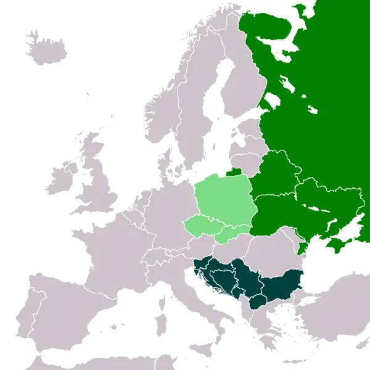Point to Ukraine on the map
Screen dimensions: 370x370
click(x=302, y=210)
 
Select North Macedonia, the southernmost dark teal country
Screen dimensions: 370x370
click(x=258, y=302)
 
